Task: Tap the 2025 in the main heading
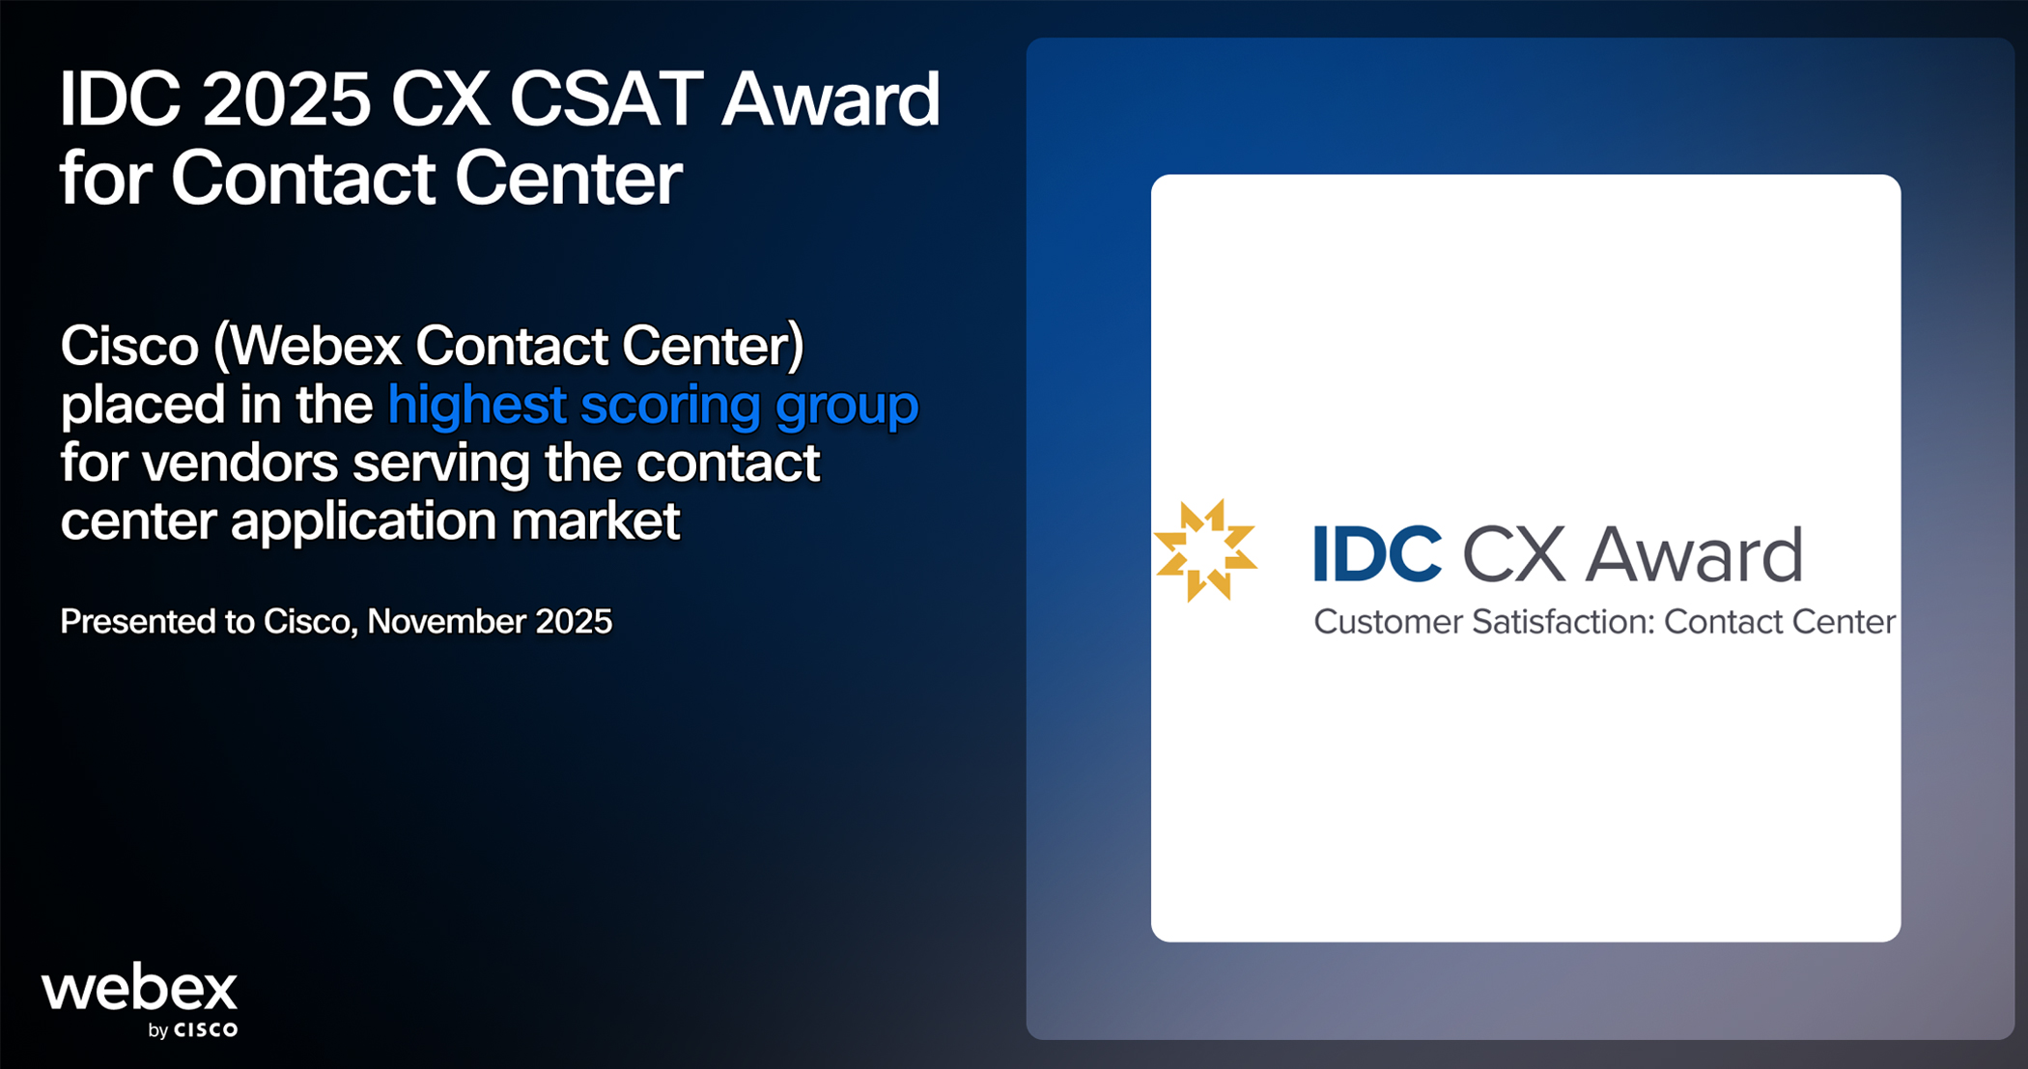tap(288, 99)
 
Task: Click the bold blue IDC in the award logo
tap(1377, 554)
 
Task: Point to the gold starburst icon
tap(1206, 550)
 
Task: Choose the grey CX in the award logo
tap(1513, 554)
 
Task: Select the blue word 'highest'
tap(477, 405)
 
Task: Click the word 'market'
tap(595, 521)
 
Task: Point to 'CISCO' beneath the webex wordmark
tap(206, 1030)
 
